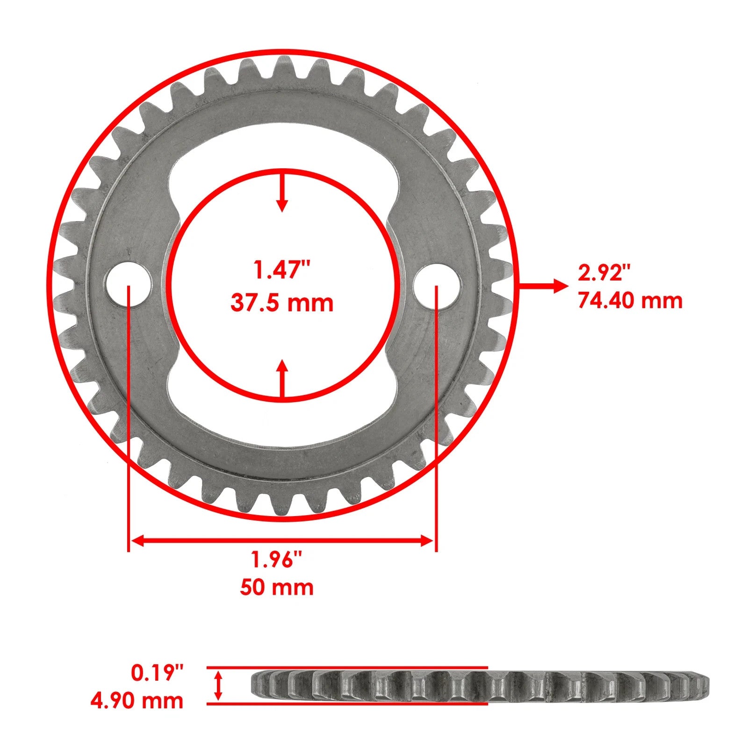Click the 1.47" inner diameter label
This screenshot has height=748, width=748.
282,271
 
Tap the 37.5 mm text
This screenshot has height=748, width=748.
282,303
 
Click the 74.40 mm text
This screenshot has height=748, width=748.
630,300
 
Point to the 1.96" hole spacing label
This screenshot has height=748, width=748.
277,559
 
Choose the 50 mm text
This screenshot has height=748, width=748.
277,587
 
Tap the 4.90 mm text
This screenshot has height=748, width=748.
137,701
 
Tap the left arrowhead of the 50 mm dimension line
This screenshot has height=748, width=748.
137,541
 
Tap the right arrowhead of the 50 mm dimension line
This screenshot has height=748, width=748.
427,541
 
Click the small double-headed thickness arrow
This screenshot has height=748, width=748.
218,686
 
